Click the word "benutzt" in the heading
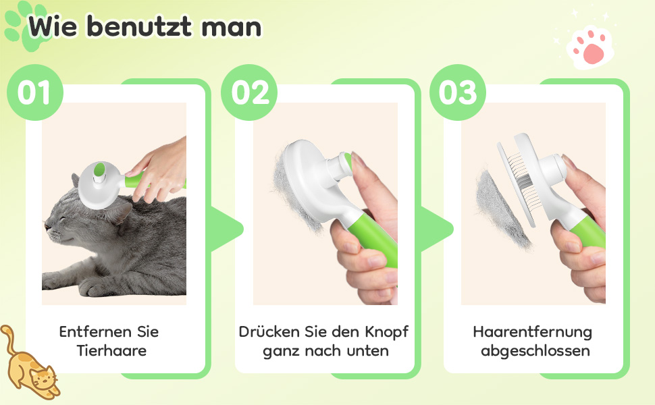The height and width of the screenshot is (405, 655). (x=139, y=27)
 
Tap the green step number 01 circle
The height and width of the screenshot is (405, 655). (x=35, y=92)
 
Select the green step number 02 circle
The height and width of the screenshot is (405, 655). (x=249, y=92)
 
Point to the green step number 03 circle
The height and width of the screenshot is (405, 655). (x=458, y=92)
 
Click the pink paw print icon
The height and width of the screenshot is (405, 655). (x=590, y=47)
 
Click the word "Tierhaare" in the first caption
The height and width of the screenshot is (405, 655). (x=111, y=350)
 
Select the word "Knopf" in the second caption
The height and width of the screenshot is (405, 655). (x=387, y=332)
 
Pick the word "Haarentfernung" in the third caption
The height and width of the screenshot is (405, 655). (x=533, y=332)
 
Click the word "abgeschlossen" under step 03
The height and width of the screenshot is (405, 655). (x=535, y=351)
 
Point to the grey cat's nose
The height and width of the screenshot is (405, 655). (x=48, y=228)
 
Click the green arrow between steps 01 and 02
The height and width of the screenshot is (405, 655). (x=226, y=229)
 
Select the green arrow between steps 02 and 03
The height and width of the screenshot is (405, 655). (x=436, y=229)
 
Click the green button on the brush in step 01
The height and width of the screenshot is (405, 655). (x=99, y=169)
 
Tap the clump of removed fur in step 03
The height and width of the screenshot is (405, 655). (x=501, y=209)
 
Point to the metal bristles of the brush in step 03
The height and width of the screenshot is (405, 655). (x=520, y=176)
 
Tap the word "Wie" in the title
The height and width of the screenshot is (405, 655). (x=53, y=27)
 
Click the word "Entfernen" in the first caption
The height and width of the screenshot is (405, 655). (x=95, y=332)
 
